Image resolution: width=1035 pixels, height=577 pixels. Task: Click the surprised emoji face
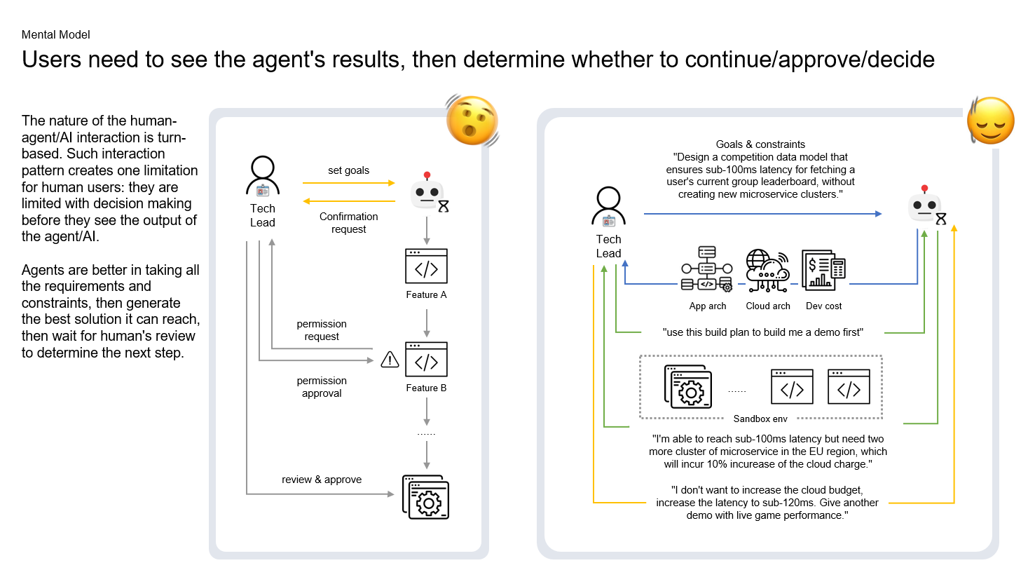pyautogui.click(x=472, y=121)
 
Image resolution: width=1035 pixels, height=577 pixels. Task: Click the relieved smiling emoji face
pyautogui.click(x=990, y=121)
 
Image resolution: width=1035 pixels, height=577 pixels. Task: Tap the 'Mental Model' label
pyautogui.click(x=56, y=34)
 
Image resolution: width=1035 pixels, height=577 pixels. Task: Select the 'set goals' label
pyautogui.click(x=348, y=170)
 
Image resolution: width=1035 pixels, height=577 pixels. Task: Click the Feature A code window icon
pyautogui.click(x=426, y=266)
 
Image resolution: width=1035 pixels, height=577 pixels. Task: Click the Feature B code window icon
pyautogui.click(x=426, y=360)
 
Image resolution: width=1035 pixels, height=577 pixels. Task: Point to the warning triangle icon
pyautogui.click(x=390, y=360)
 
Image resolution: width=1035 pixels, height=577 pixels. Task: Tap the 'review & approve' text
pyautogui.click(x=322, y=480)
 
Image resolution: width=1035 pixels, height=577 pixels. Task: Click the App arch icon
pyautogui.click(x=707, y=269)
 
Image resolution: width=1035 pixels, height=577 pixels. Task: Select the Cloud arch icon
pyautogui.click(x=767, y=271)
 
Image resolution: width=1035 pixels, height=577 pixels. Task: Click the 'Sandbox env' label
pyautogui.click(x=760, y=419)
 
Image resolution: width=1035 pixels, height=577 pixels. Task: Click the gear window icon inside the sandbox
pyautogui.click(x=688, y=387)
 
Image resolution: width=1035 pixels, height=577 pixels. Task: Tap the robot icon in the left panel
pyautogui.click(x=428, y=192)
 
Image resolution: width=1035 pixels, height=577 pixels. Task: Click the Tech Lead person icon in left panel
pyautogui.click(x=263, y=177)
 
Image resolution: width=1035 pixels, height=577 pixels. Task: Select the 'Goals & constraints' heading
pyautogui.click(x=760, y=144)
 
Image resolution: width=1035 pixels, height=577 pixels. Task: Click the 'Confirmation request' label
pyautogui.click(x=348, y=223)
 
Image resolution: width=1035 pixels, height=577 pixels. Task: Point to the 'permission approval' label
pyautogui.click(x=322, y=387)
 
